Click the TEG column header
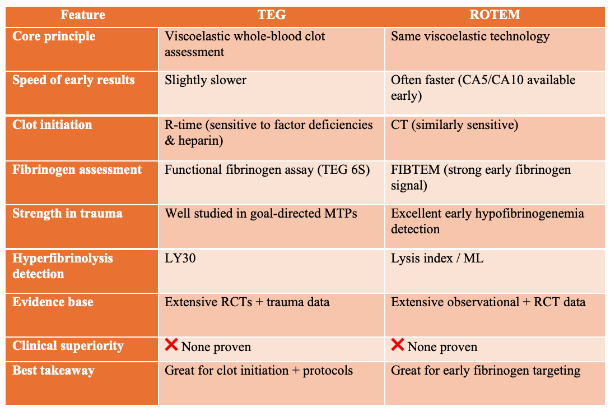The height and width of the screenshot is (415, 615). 271,15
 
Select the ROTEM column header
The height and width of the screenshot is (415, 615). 495,15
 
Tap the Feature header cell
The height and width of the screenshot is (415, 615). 82,15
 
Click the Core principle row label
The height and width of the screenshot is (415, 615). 54,37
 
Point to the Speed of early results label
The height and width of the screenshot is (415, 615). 74,80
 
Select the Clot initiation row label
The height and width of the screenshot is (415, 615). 53,125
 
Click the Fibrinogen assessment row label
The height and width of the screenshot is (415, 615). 77,170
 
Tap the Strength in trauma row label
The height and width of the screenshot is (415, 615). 68,214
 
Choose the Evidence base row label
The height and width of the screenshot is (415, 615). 53,302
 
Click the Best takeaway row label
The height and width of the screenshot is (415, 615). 54,371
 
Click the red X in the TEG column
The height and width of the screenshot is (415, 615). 171,345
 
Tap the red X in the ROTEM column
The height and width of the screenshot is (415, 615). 398,345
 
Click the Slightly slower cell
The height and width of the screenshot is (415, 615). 206,80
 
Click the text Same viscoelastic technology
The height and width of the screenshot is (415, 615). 470,37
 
